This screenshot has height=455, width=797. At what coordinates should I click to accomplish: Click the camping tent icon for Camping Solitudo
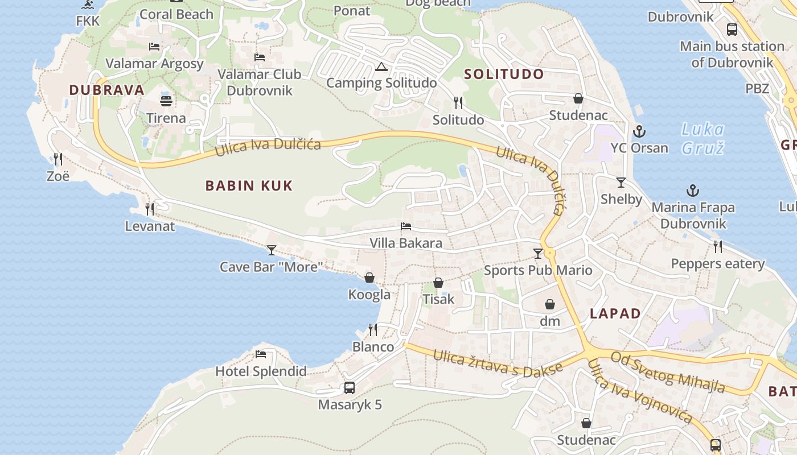coord(380,67)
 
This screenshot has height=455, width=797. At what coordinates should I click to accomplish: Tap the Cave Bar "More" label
coord(272,266)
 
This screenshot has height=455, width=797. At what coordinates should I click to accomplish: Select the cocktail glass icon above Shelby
coord(621,183)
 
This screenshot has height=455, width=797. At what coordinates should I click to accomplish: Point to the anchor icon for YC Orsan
coord(639,131)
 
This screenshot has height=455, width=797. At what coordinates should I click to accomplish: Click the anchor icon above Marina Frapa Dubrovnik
coord(693,191)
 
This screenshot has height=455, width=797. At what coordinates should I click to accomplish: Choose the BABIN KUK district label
coord(249,185)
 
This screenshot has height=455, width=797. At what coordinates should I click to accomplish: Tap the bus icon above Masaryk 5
coord(350,388)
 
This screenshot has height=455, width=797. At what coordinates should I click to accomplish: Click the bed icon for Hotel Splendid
coord(261,354)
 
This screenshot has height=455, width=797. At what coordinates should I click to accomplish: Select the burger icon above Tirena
coord(166,101)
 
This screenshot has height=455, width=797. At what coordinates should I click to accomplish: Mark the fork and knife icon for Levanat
coord(150,209)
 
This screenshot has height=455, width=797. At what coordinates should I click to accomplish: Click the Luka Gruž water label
coord(702,139)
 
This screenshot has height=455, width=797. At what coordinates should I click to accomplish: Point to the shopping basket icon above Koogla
coord(369,278)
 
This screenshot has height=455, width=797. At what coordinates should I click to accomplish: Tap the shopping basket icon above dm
coord(550,304)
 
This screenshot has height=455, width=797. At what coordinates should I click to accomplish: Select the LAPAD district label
coord(615,313)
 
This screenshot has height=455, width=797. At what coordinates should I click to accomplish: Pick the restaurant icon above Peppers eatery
coord(717,247)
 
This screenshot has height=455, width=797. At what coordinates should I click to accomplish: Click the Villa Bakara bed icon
coord(406,226)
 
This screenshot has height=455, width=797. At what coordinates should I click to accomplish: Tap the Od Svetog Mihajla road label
coord(668,373)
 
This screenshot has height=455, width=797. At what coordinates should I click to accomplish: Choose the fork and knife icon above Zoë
coord(57,159)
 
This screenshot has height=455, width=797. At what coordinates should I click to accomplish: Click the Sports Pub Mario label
coord(538,270)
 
